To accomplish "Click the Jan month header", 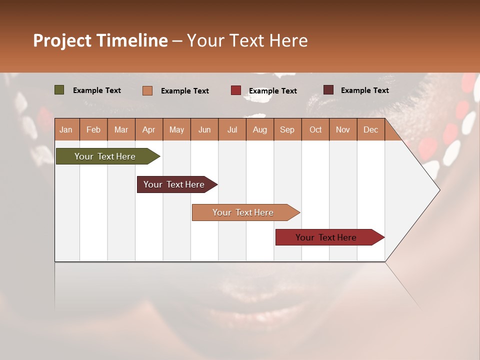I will pyautogui.click(x=66, y=129).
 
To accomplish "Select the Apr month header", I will pyautogui.click(x=148, y=129).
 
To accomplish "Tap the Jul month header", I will pyautogui.click(x=232, y=129).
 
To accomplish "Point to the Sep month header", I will pyautogui.click(x=287, y=129).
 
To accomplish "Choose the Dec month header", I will pyautogui.click(x=370, y=129).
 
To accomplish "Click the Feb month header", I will pyautogui.click(x=93, y=129).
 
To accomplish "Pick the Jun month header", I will pyautogui.click(x=204, y=129).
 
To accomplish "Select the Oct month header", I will pyautogui.click(x=315, y=129).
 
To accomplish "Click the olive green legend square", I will pyautogui.click(x=59, y=90).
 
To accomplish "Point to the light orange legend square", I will pyautogui.click(x=147, y=90).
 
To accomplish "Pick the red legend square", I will pyautogui.click(x=236, y=90).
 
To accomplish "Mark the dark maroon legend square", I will pyautogui.click(x=328, y=90).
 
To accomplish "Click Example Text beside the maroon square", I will pyautogui.click(x=364, y=90).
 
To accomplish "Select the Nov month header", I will pyautogui.click(x=343, y=129).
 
